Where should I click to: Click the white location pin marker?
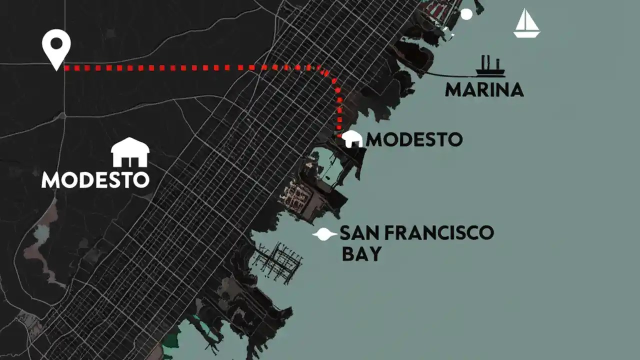(56, 47)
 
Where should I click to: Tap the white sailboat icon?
(526, 23)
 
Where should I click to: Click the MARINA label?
(484, 90)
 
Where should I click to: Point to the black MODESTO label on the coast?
(414, 139)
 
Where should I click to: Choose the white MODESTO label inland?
(95, 179)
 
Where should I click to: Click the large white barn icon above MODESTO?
(130, 152)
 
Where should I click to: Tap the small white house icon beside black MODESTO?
(353, 139)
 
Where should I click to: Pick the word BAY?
(361, 253)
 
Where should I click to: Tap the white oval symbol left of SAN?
(324, 234)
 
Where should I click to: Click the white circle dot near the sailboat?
(466, 14)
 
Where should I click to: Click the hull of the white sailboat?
(527, 34)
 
